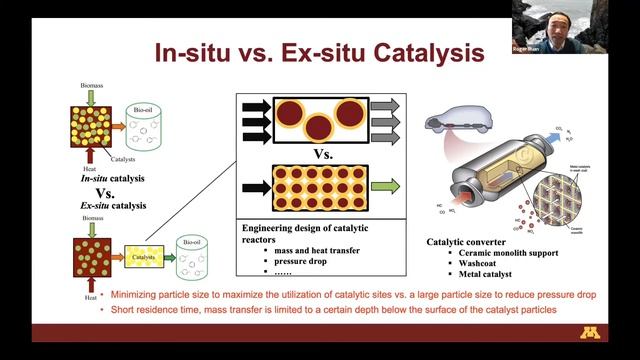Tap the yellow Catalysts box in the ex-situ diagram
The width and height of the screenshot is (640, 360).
point(145,257)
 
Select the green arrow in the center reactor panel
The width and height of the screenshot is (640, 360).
point(383,185)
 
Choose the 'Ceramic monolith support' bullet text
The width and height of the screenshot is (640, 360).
point(505,251)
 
